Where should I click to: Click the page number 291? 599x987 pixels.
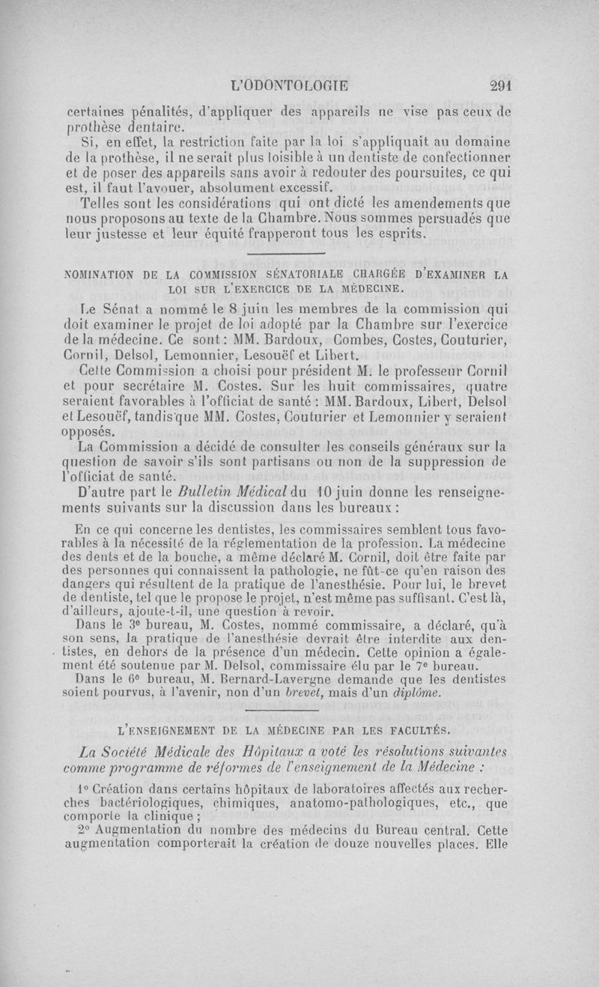[495, 85]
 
